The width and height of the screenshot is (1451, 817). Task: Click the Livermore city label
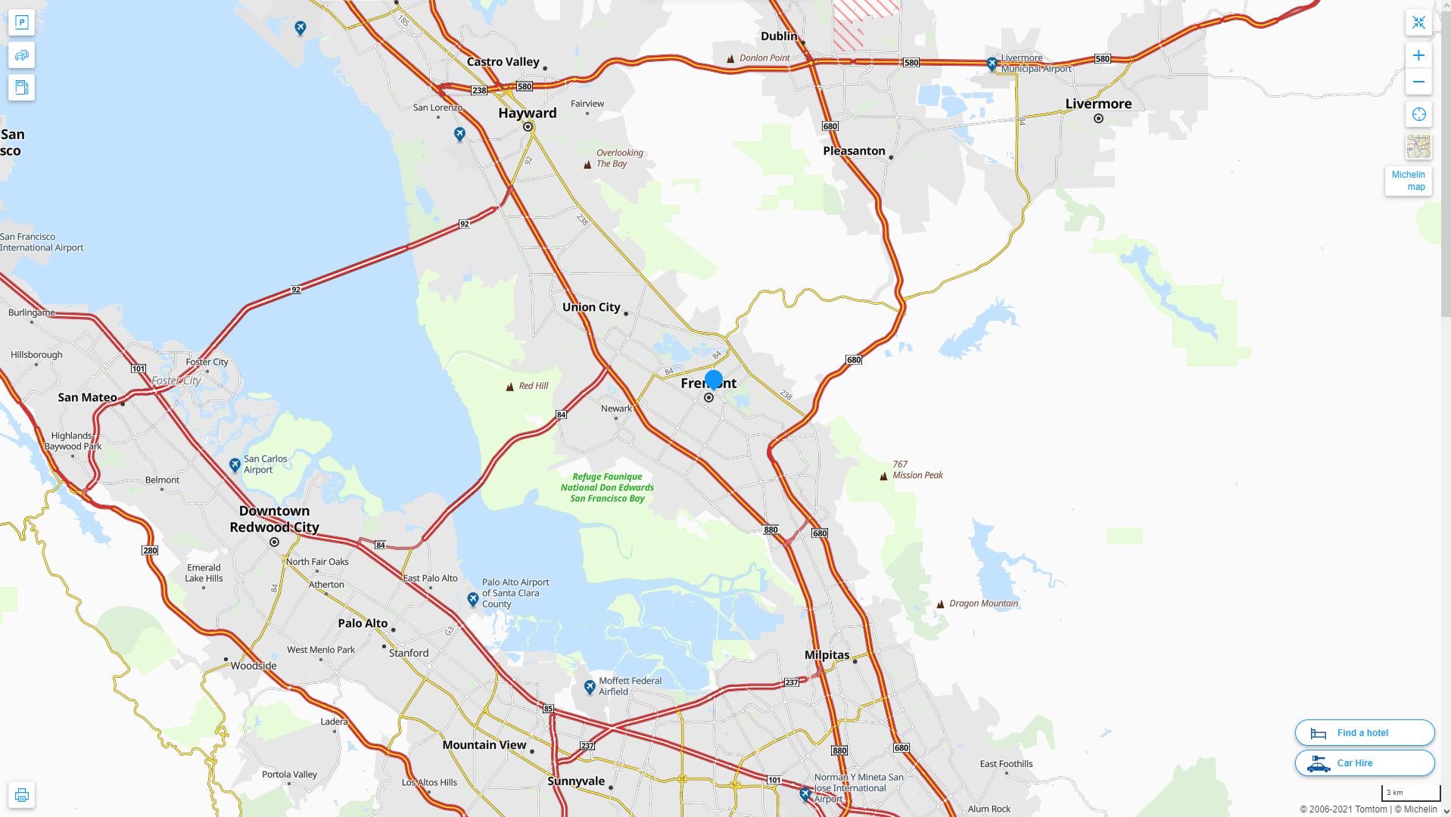point(1098,104)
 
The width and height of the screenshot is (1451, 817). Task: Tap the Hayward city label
point(527,113)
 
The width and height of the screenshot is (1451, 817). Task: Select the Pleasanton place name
point(854,151)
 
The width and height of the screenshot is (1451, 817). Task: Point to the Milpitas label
point(827,655)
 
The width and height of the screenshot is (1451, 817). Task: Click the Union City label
point(591,307)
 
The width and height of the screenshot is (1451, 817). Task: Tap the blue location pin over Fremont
point(713,379)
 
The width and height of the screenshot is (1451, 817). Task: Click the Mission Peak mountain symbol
point(883,476)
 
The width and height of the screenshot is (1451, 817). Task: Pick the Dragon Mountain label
point(983,604)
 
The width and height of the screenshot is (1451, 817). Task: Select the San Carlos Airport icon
point(235,464)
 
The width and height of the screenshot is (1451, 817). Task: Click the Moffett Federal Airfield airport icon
point(590,687)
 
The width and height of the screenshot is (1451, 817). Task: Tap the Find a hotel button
point(1364,732)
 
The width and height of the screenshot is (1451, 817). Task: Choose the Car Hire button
point(1364,763)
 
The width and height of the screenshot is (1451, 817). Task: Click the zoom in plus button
point(1418,55)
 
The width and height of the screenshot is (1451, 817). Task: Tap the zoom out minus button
point(1418,82)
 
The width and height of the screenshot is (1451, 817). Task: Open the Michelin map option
point(1408,181)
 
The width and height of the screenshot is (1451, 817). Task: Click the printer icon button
point(21,795)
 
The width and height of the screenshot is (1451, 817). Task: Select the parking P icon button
point(21,23)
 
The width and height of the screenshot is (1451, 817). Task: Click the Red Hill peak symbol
point(509,387)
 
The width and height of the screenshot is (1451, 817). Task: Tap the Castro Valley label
point(503,62)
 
